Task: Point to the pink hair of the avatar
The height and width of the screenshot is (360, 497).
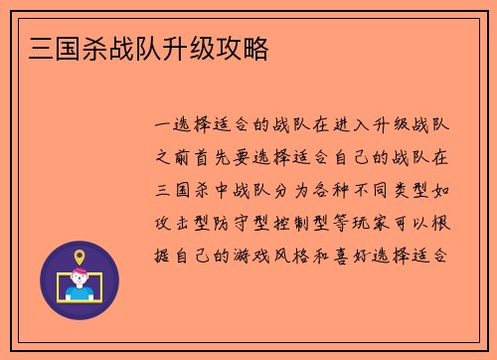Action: click(80, 273)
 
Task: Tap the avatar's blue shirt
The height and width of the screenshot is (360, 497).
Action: click(80, 293)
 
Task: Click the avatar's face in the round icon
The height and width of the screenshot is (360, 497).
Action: click(80, 281)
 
